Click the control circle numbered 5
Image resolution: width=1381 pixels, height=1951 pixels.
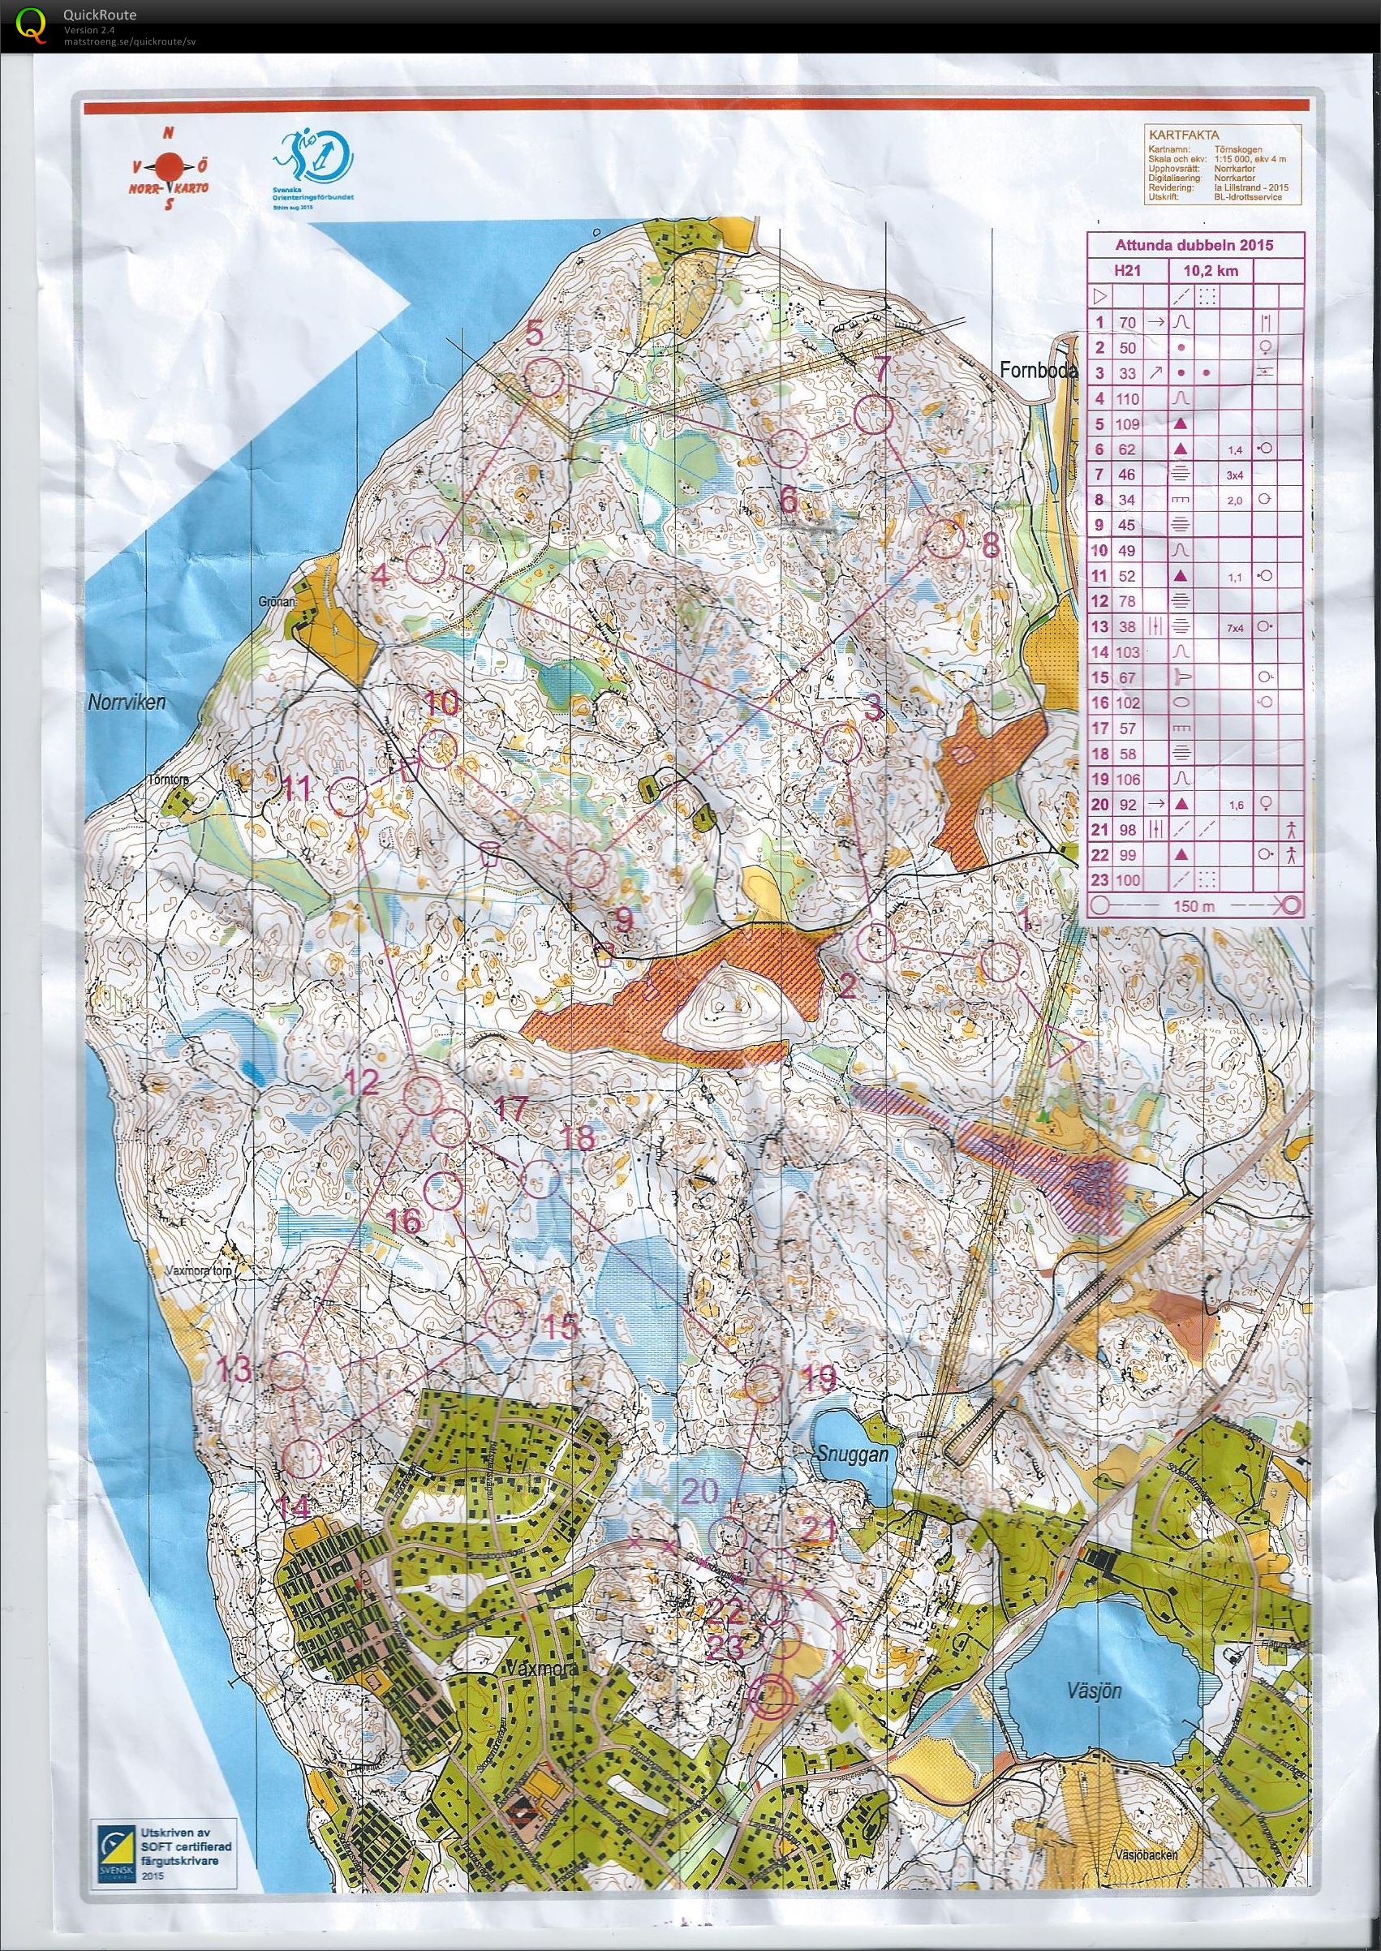[544, 376]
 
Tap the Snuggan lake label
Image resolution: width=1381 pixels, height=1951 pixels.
[853, 1454]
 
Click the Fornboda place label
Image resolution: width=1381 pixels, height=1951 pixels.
[1039, 372]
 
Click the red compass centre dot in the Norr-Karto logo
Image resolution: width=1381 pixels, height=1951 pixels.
[169, 163]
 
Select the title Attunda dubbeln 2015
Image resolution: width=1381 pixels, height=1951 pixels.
[1194, 245]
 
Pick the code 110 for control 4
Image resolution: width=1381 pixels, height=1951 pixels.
[1128, 398]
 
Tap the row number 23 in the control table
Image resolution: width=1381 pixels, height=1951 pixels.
[1099, 880]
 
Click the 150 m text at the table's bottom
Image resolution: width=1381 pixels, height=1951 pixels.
[1192, 906]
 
